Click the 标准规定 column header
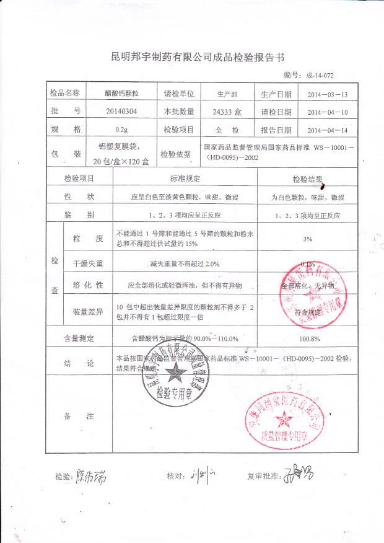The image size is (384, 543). [x=186, y=179]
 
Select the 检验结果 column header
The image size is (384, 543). [x=308, y=179]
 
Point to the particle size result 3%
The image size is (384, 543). [x=308, y=239]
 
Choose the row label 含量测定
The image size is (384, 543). [x=79, y=338]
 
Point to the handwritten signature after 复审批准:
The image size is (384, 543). [x=298, y=475]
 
